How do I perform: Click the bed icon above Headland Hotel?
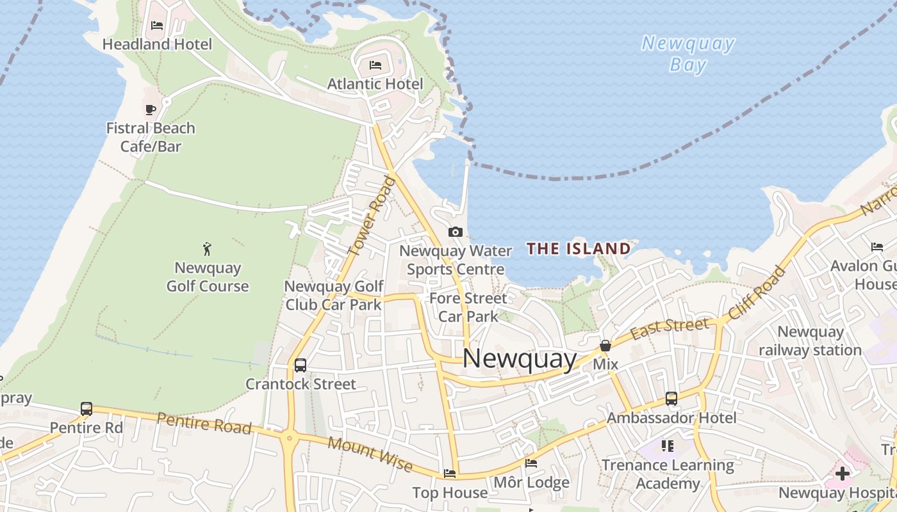click(157, 26)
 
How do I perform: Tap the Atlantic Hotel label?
click(375, 84)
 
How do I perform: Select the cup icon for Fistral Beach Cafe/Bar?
click(151, 109)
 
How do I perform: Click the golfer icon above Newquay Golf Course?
click(207, 248)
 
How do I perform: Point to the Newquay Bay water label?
click(687, 54)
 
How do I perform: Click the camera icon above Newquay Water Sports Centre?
click(456, 232)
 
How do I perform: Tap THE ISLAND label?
click(579, 248)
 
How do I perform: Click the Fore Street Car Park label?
click(468, 307)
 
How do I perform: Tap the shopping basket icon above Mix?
click(605, 346)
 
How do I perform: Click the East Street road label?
click(670, 329)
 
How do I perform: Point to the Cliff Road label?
click(757, 292)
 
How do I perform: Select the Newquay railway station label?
click(810, 341)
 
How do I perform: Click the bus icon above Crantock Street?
click(300, 365)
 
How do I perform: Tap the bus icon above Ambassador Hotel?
click(671, 398)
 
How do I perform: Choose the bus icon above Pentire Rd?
click(86, 408)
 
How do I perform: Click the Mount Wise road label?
click(370, 454)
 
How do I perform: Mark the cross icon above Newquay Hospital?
click(842, 474)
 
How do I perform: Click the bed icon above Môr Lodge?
click(531, 463)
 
